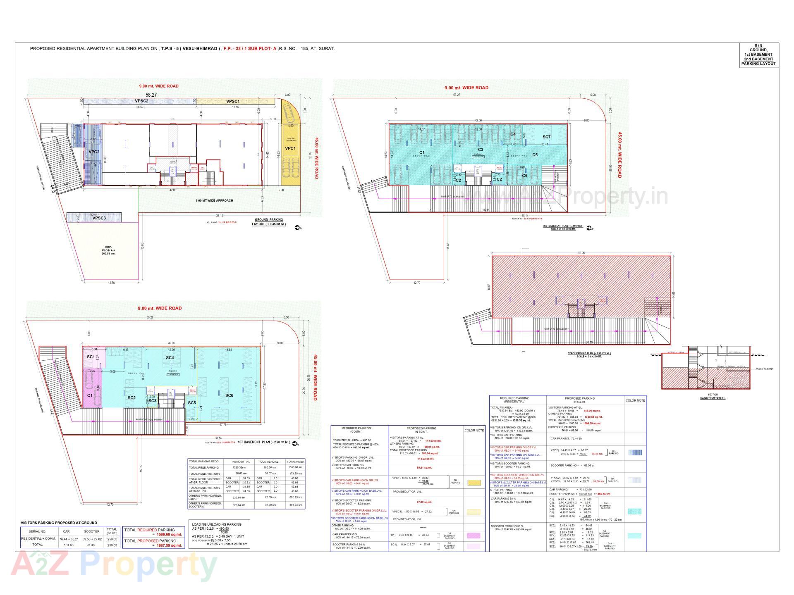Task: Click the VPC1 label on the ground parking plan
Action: (290, 148)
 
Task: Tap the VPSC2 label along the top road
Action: (141, 101)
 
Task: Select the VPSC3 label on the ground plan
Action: (99, 218)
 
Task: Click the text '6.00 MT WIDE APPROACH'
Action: (214, 200)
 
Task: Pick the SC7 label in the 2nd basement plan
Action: (546, 137)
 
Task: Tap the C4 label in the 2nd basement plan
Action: (513, 134)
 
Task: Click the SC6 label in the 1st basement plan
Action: (229, 395)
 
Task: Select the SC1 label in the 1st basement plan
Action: (91, 357)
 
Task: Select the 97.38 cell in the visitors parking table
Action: (92, 545)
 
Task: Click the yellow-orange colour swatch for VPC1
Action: (474, 483)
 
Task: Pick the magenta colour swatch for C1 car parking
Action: (474, 535)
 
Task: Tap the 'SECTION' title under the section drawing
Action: (713, 395)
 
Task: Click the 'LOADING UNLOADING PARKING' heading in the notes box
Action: (217, 524)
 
